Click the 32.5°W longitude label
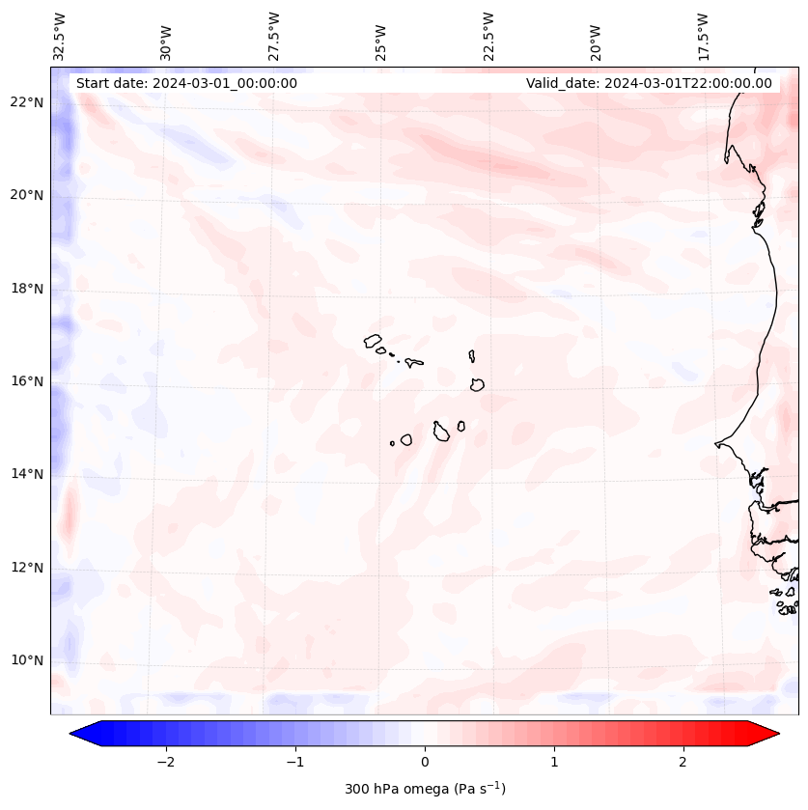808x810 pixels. pos(60,36)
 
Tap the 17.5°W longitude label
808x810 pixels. pos(703,36)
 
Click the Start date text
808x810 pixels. pos(186,83)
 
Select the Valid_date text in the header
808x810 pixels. pos(649,83)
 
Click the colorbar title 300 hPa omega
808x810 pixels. pos(425,789)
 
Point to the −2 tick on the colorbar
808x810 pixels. pos(165,762)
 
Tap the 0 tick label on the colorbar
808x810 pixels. pos(425,762)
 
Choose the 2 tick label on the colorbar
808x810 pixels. pos(683,762)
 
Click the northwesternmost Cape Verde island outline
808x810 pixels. pos(373,340)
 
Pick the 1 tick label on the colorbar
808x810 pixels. pos(554,762)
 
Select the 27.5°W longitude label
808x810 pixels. pos(274,36)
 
